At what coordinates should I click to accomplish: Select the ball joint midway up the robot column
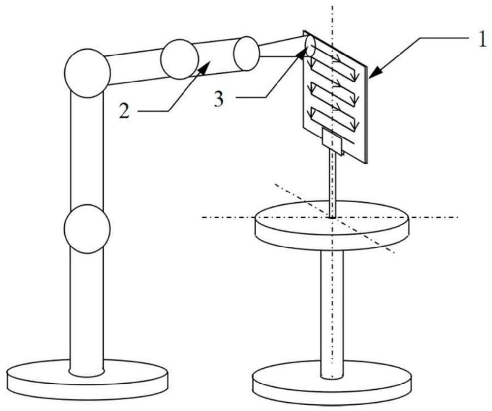87,229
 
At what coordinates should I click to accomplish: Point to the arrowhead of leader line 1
371,75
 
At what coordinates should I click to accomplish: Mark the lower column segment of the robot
87,309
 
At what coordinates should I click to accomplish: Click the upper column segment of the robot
87,147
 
